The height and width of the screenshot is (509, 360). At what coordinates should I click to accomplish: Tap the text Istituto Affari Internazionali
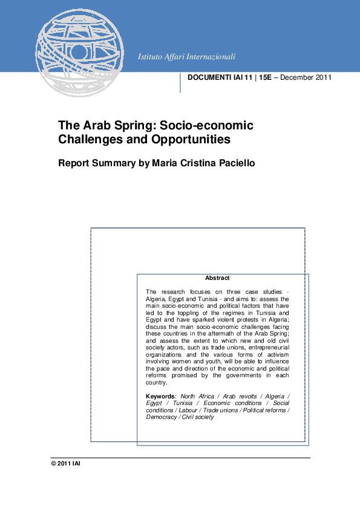(186, 57)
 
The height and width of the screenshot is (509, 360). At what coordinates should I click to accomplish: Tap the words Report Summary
(96, 163)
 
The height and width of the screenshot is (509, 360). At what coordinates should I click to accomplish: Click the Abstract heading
(217, 278)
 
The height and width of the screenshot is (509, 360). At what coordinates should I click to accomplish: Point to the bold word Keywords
(160, 396)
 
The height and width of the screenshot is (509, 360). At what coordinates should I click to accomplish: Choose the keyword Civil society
(197, 417)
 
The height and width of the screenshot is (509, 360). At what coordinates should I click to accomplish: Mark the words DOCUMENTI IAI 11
(220, 77)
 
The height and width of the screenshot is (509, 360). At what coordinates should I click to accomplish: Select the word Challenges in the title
(88, 140)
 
